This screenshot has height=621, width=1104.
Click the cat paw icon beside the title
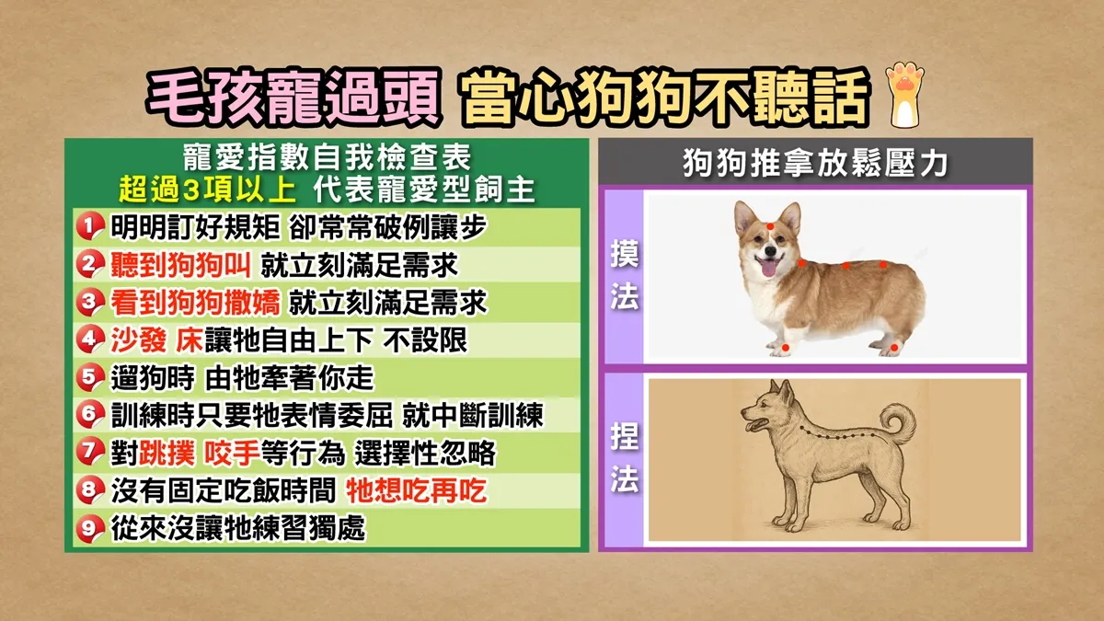905,95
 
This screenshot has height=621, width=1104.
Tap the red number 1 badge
90,226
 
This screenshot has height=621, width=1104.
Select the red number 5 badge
90,377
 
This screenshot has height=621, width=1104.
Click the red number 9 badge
90,528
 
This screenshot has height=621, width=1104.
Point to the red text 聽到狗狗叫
181,265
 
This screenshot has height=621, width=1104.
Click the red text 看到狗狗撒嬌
195,302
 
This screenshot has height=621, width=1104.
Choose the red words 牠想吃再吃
417,490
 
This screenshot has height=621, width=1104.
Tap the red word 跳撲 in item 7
167,453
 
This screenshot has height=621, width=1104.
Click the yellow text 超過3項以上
208,190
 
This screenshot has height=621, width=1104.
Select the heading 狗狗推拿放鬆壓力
815,163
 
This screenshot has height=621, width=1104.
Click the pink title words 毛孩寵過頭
293,98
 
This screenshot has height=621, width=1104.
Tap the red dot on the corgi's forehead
770,226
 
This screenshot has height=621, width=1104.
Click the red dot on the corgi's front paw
786,348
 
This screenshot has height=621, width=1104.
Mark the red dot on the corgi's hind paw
894,349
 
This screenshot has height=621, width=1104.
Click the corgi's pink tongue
768,268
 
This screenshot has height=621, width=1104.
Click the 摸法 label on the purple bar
625,275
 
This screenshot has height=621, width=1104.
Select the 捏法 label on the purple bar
625,457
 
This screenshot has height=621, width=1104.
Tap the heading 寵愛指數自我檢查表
328,158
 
